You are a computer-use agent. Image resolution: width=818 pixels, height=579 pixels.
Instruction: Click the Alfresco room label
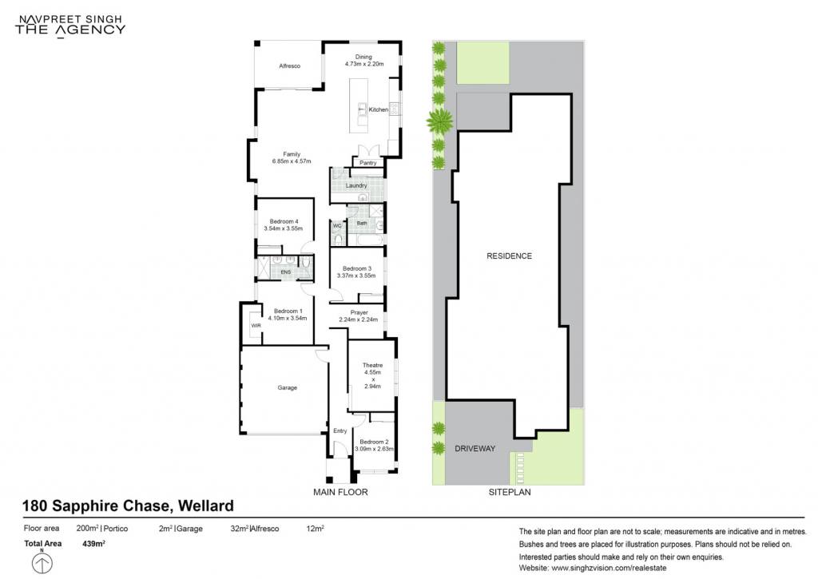pos(289,65)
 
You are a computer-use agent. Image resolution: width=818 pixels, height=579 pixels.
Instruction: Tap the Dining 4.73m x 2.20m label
pos(363,60)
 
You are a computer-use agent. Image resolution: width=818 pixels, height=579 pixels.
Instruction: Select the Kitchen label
pos(378,109)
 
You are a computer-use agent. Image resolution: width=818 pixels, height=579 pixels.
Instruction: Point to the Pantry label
pos(367,163)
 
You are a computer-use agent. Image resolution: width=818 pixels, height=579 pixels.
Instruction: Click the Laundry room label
pos(356,185)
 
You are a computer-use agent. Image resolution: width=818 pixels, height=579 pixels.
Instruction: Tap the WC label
pos(337,226)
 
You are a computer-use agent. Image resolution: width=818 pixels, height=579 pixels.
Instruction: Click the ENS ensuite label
pos(286,272)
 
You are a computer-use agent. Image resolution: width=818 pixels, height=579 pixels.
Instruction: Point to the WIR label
pos(256,326)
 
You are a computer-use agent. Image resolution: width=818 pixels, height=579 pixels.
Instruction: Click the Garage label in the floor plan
pos(287,387)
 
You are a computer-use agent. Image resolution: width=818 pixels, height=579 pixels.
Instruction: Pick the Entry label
pos(340,431)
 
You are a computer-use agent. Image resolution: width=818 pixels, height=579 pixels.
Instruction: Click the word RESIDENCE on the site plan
pos(509,256)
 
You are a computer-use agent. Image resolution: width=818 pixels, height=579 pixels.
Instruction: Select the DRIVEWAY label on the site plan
pos(475,449)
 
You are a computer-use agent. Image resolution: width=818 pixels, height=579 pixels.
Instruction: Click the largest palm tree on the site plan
pos(440,121)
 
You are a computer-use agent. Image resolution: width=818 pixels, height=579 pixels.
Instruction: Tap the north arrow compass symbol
pos(42,562)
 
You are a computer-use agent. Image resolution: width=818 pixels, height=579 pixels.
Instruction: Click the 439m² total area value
pos(94,544)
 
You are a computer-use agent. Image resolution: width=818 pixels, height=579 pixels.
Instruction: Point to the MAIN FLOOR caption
pos(340,492)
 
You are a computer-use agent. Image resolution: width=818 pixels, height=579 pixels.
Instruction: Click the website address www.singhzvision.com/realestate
pos(609,568)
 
